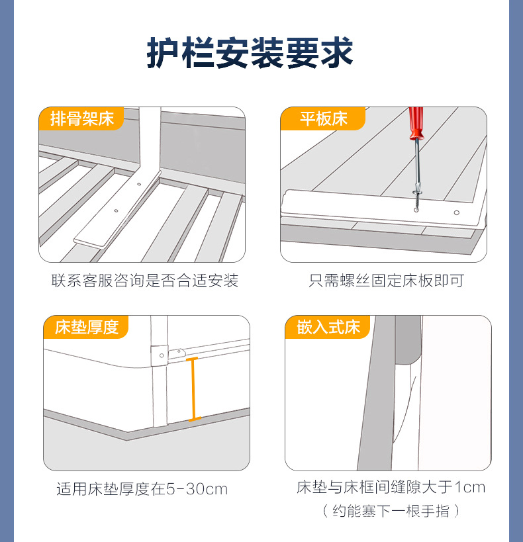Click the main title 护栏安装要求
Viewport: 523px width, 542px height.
(x=250, y=54)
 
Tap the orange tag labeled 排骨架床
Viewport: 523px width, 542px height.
(x=82, y=119)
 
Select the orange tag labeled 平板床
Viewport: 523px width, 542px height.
(x=323, y=119)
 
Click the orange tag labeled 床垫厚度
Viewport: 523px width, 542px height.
(x=86, y=327)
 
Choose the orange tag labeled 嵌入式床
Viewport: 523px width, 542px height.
(x=328, y=327)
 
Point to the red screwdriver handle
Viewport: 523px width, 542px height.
(x=416, y=122)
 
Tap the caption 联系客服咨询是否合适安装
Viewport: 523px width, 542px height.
(x=144, y=281)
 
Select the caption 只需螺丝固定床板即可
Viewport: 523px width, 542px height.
(x=387, y=281)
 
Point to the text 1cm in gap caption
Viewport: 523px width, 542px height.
(x=470, y=488)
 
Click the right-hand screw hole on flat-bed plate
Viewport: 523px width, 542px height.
(x=456, y=213)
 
